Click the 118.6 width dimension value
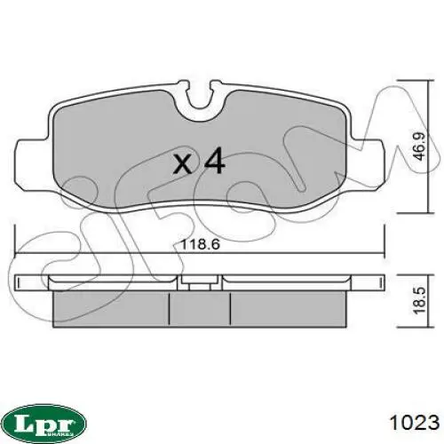point(200,244)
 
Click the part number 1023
point(415,422)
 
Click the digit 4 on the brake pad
point(215,161)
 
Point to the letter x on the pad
point(183,164)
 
